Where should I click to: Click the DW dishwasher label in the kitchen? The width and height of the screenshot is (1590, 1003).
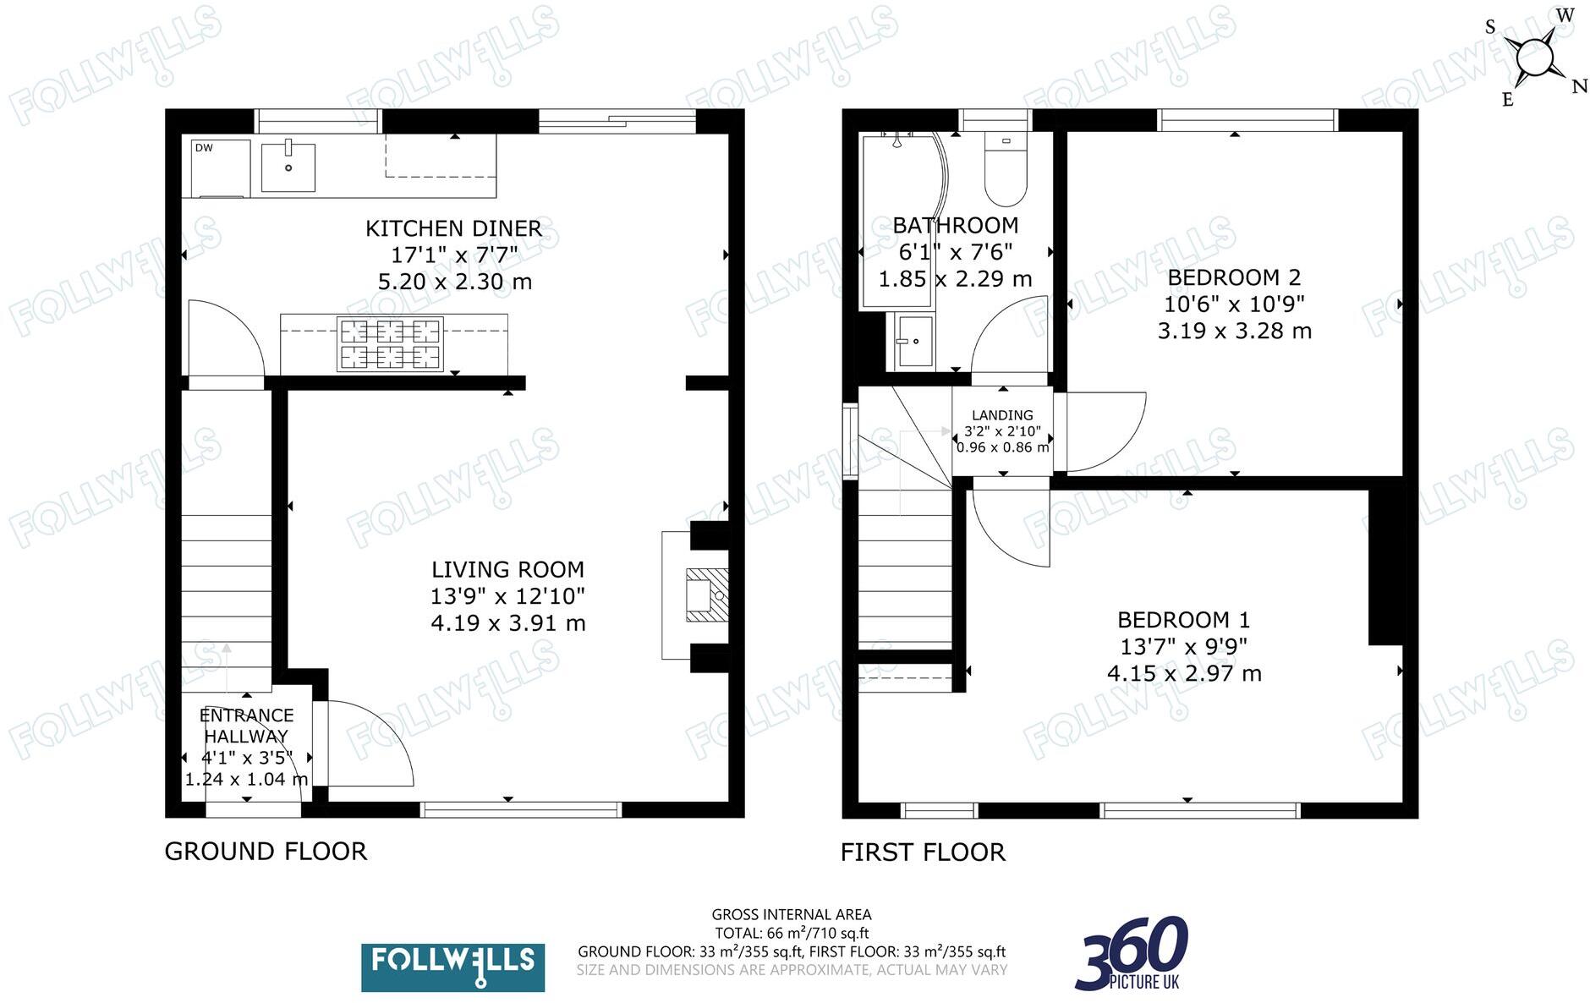tap(204, 148)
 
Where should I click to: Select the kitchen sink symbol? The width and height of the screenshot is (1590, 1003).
tap(288, 167)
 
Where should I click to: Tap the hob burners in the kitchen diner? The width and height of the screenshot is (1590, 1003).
tap(390, 343)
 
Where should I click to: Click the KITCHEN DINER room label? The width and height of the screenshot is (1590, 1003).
tap(453, 228)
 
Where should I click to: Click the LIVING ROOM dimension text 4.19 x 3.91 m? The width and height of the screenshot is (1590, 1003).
tap(507, 623)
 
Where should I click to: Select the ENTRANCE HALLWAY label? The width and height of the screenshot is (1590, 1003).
tap(246, 726)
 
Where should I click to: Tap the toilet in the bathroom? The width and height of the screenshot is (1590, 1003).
tap(1006, 173)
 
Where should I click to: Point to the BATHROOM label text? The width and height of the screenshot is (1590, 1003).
tap(955, 225)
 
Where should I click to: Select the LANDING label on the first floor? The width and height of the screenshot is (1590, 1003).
tap(1002, 415)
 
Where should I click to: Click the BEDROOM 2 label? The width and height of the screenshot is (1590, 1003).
tap(1234, 277)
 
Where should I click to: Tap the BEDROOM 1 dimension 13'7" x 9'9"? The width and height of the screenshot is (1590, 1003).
tap(1183, 647)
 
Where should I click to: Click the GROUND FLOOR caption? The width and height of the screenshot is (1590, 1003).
tap(266, 851)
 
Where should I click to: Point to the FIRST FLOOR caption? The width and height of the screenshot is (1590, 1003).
tap(923, 852)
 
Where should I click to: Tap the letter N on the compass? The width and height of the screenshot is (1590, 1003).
tap(1578, 86)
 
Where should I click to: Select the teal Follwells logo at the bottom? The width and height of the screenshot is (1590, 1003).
tap(452, 967)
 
